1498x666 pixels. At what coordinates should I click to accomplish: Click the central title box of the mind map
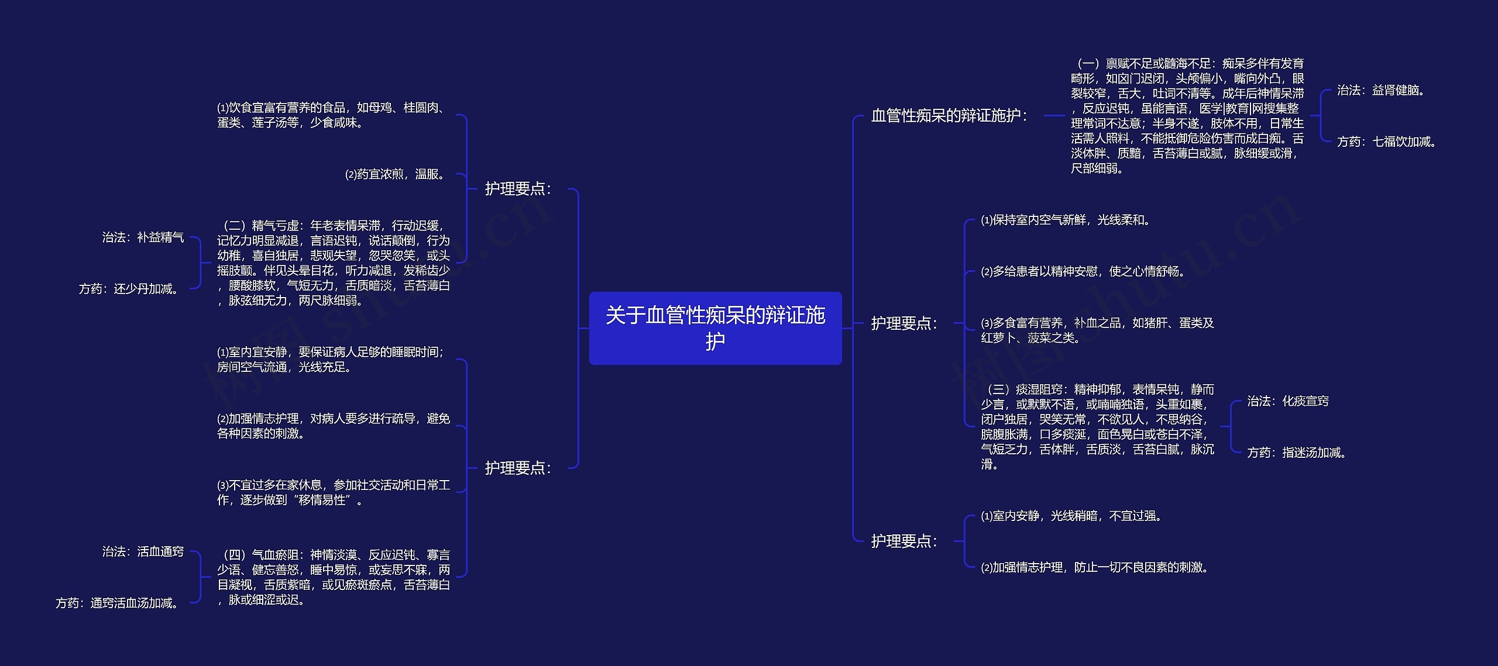coord(715,328)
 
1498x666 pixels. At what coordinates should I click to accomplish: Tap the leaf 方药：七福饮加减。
coord(1387,142)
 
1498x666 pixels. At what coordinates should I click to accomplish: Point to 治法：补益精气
coord(143,237)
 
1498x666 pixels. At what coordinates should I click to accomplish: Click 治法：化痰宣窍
coord(1288,401)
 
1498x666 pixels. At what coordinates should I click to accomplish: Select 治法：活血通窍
coord(143,552)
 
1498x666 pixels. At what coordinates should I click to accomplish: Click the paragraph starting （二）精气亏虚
coord(334,263)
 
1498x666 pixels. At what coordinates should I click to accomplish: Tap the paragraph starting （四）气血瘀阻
coord(334,577)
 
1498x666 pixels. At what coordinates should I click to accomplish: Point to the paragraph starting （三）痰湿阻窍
coord(1098,427)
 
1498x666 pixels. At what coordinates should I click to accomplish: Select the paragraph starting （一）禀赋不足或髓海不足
coord(1187,116)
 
